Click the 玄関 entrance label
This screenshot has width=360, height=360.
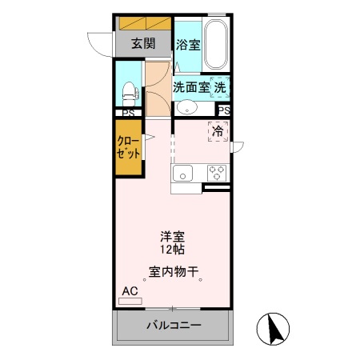(x=143, y=43)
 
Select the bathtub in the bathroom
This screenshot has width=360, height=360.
(x=216, y=45)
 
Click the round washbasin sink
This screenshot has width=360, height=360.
(x=186, y=108)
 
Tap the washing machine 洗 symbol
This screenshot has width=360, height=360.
(x=221, y=86)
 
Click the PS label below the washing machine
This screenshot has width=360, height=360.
(x=223, y=110)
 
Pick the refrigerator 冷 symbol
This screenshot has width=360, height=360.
(x=218, y=130)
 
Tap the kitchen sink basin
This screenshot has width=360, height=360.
(x=182, y=173)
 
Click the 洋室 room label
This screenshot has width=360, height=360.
(x=172, y=237)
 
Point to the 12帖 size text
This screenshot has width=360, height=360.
(x=172, y=250)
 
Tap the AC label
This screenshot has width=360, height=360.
(x=130, y=291)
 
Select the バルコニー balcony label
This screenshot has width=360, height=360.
(x=174, y=326)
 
